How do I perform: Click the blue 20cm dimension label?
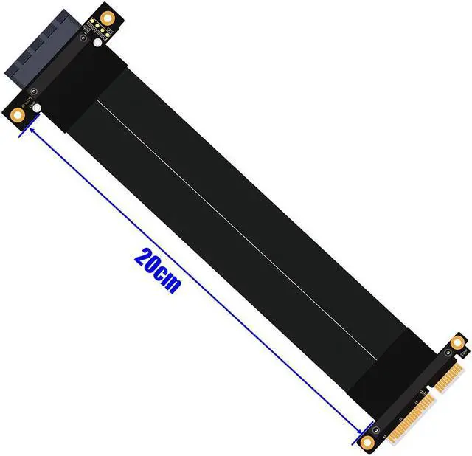pyautogui.click(x=158, y=271)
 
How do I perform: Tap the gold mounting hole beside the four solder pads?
pyautogui.click(x=106, y=18)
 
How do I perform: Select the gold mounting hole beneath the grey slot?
pyautogui.click(x=17, y=115)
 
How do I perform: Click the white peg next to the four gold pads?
pyautogui.click(x=97, y=43)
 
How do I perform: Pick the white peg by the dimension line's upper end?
pyautogui.click(x=37, y=108)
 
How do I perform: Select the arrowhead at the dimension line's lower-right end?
pyautogui.click(x=358, y=431)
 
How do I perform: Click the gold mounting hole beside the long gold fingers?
pyautogui.click(x=367, y=442)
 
